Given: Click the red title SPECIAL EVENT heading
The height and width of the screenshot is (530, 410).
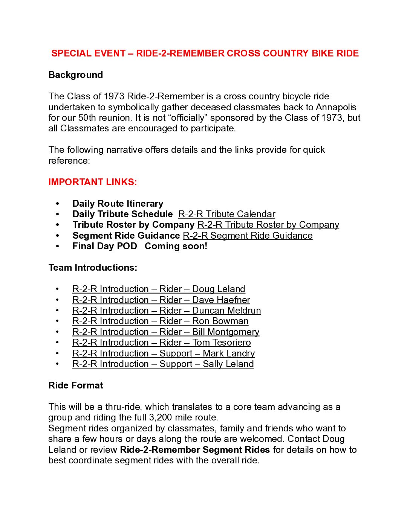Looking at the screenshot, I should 205,53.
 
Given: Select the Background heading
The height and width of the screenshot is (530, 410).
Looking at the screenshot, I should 75,75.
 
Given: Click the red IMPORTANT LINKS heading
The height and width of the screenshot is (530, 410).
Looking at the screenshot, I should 92,182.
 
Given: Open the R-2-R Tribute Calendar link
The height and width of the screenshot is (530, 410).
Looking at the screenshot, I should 226,214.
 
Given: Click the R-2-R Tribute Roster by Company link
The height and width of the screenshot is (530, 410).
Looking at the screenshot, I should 268,225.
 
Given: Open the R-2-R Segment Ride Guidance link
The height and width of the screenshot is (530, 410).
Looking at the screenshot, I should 248,236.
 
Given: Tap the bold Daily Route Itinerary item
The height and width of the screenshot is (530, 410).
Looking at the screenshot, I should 118,204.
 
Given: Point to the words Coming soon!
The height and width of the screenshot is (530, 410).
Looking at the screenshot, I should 176,246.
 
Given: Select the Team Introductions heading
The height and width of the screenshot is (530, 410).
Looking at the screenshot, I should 93,268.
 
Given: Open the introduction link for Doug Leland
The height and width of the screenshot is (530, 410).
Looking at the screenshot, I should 159,289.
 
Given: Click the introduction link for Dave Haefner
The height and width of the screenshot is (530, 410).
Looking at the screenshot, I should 161,300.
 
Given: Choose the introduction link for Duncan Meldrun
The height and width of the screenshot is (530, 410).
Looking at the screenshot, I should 167,311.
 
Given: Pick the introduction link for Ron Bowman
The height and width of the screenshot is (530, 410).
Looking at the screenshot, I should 160,321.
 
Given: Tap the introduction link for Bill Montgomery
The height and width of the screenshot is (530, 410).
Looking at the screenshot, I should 166,332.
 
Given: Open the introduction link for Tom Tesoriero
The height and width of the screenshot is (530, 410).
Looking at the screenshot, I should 161,343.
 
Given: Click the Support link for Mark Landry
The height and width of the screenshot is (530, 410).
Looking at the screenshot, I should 164,353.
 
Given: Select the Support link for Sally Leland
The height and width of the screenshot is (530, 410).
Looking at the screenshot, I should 163,364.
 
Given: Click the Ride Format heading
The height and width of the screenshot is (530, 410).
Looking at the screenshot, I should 75,385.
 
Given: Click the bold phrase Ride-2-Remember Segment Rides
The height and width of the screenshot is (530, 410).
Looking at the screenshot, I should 194,450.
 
